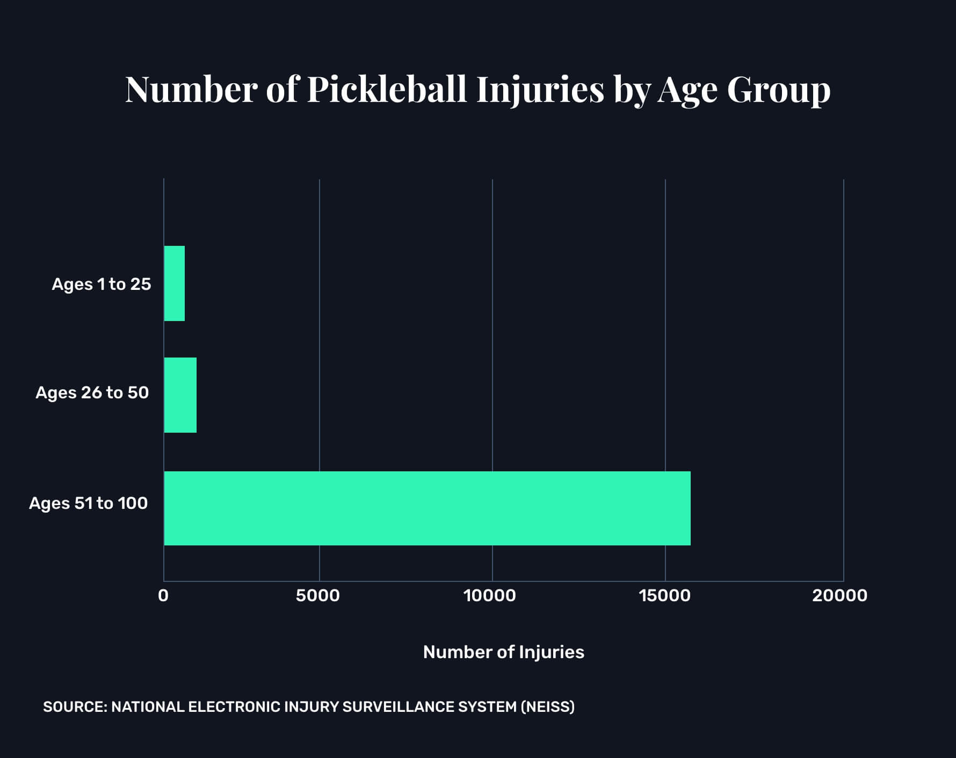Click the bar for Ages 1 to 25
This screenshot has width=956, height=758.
(175, 283)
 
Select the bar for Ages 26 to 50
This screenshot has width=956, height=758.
(180, 395)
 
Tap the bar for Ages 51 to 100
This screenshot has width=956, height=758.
(427, 508)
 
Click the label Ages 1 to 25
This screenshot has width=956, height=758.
(102, 284)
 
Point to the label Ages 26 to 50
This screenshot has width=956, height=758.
(92, 392)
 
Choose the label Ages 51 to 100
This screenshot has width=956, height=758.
(89, 503)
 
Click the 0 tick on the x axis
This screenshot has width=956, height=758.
(163, 595)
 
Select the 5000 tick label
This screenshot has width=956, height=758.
(318, 595)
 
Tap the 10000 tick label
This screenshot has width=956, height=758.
(490, 595)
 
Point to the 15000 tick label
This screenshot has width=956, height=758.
(664, 595)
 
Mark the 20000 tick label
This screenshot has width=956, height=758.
(839, 595)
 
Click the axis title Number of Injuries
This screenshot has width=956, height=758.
(503, 652)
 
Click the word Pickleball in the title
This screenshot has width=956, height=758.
(387, 89)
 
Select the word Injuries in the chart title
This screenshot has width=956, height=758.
(540, 89)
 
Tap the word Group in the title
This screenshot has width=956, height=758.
(779, 89)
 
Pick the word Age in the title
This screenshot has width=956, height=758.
(687, 89)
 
